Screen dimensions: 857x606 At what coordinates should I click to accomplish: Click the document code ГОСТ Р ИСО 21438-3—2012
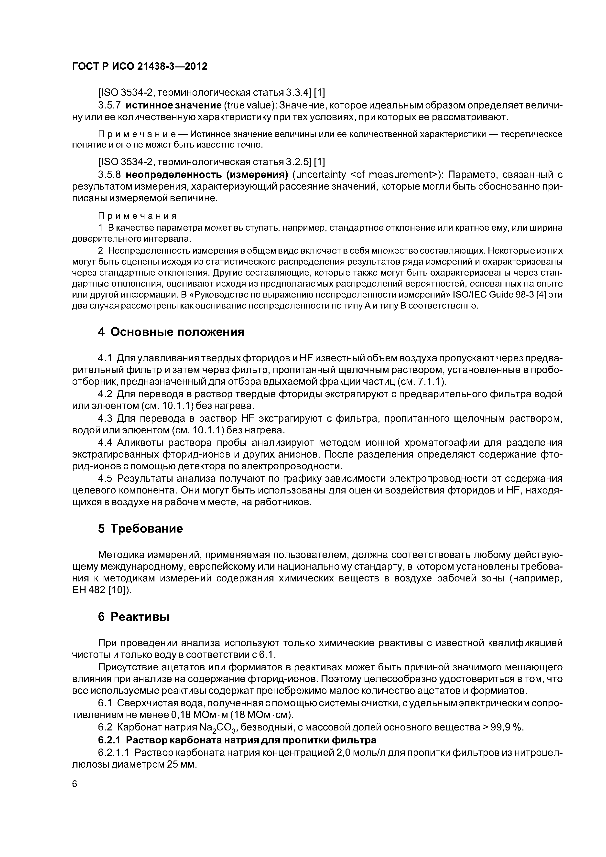pos(139,66)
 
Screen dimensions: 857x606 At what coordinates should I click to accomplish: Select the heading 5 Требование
pos(141,528)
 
